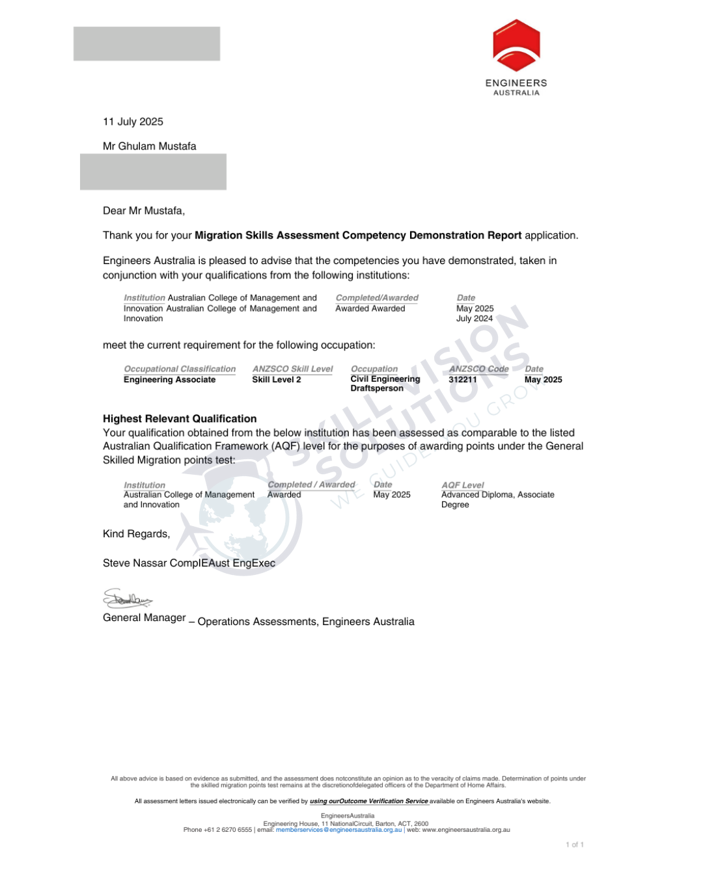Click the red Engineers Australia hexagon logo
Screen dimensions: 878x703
[516, 46]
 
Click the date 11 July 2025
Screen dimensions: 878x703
[133, 122]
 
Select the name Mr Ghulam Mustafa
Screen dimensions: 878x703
[149, 146]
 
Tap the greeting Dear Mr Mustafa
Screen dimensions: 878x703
[144, 211]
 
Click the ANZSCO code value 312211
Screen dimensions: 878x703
[463, 380]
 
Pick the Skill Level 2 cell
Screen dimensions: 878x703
[277, 380]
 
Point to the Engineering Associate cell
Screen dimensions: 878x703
[169, 380]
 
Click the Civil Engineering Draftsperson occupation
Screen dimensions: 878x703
[385, 384]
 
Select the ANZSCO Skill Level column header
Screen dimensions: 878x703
[292, 369]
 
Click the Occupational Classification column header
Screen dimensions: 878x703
[180, 369]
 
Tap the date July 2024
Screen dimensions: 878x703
[475, 319]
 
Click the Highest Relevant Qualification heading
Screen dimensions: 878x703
[180, 419]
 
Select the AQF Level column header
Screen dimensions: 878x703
[462, 485]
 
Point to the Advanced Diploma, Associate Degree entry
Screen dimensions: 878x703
[497, 499]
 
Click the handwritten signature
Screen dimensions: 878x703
[128, 598]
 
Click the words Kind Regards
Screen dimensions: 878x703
[136, 534]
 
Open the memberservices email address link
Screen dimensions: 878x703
[338, 830]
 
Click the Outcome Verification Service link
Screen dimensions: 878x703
[369, 801]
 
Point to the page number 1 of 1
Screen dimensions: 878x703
[574, 845]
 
